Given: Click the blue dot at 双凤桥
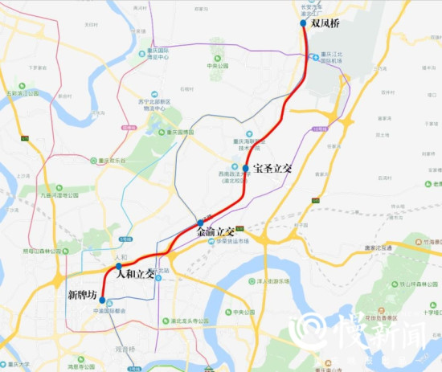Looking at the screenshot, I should click(x=303, y=23).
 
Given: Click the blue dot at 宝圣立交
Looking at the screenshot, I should click(x=246, y=169).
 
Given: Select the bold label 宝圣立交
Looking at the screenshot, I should click(x=272, y=169).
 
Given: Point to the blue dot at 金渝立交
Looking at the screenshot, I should click(x=200, y=223).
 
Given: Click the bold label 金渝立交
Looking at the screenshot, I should click(x=215, y=231).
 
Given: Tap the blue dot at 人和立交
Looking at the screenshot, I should click(x=118, y=266).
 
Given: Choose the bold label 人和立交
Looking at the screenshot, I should click(x=135, y=274).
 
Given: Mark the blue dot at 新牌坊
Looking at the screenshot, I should click(x=101, y=300).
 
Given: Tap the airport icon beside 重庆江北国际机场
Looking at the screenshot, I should click(x=314, y=55).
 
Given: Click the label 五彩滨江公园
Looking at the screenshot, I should click(x=20, y=93).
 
